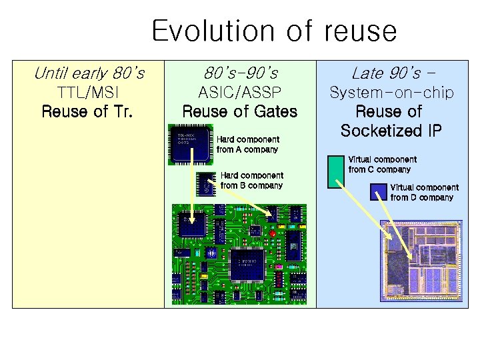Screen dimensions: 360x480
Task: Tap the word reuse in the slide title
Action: (360, 31)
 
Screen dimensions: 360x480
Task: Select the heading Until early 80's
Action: (89, 71)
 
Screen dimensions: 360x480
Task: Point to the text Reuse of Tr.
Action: (87, 111)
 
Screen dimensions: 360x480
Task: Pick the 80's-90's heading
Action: (240, 71)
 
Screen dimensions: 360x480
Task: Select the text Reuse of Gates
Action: (240, 111)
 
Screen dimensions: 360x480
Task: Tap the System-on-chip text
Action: (391, 93)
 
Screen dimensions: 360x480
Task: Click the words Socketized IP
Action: (391, 131)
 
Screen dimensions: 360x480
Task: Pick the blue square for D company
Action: (379, 191)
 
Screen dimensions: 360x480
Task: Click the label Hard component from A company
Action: (247, 145)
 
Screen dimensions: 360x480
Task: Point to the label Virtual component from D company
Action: (424, 193)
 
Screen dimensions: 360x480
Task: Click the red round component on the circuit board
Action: (272, 234)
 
